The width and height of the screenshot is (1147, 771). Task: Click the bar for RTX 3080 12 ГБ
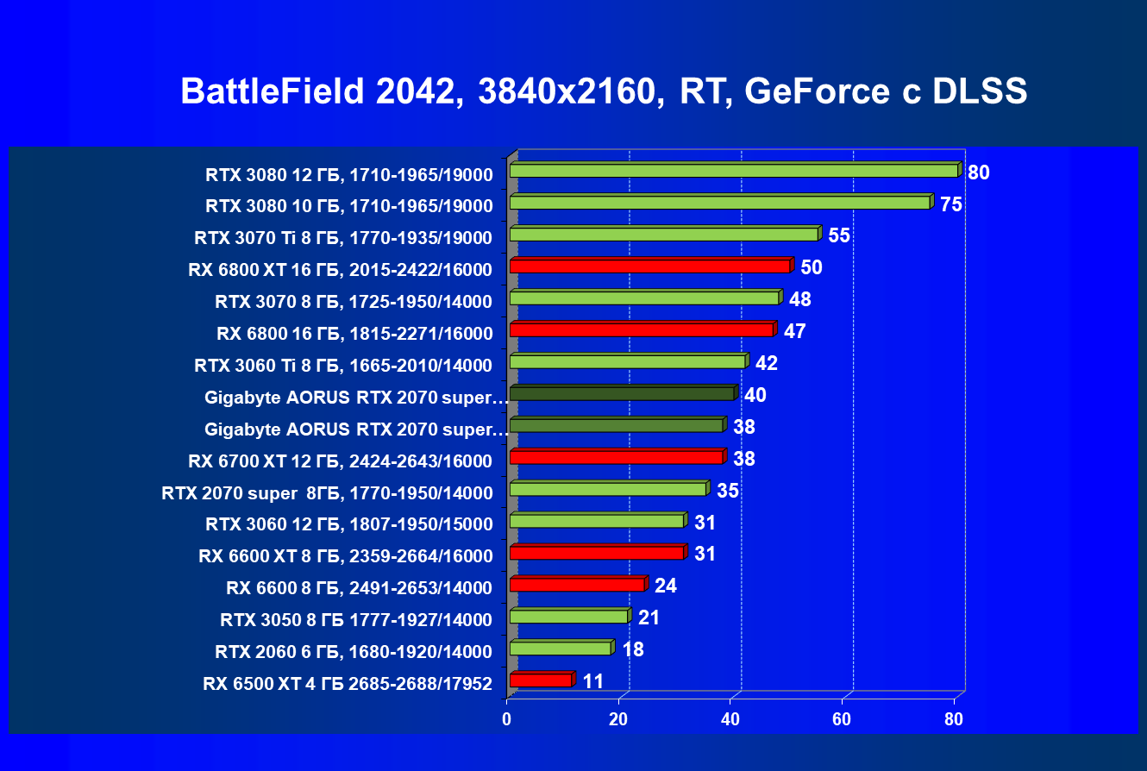(733, 171)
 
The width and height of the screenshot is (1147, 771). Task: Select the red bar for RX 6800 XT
(649, 266)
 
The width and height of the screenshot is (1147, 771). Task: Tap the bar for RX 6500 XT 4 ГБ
(541, 680)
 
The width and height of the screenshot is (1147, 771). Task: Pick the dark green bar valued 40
(622, 393)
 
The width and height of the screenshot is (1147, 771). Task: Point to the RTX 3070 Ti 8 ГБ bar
(663, 235)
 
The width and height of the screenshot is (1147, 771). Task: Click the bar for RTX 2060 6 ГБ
(561, 648)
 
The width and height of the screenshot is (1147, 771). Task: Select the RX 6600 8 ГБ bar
(577, 585)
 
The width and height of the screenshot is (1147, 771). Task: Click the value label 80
(978, 172)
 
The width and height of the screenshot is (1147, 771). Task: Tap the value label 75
(951, 204)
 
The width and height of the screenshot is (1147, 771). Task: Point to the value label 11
(592, 681)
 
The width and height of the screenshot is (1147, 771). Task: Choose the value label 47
(794, 331)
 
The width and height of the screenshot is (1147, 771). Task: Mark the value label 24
(666, 586)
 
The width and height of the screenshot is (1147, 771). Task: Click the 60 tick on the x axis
(842, 719)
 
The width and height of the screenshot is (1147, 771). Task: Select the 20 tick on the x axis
(618, 719)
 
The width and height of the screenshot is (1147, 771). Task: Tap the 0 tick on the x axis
(507, 719)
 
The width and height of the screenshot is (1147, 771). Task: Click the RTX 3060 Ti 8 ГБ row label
(343, 366)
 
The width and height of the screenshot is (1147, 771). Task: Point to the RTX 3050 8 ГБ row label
(356, 620)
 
